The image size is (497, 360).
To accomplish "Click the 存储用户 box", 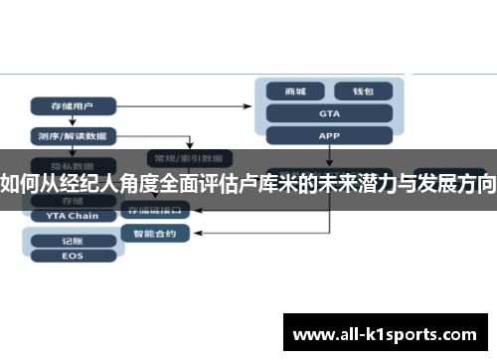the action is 73,104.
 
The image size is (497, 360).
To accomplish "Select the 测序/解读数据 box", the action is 73,135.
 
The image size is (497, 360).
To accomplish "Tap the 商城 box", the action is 295,91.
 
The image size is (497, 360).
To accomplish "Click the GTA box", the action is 329,113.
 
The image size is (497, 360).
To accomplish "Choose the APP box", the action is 329,135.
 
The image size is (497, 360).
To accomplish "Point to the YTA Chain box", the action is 72,215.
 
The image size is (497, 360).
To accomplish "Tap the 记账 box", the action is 72,240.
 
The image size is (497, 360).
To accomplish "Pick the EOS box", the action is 72,255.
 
